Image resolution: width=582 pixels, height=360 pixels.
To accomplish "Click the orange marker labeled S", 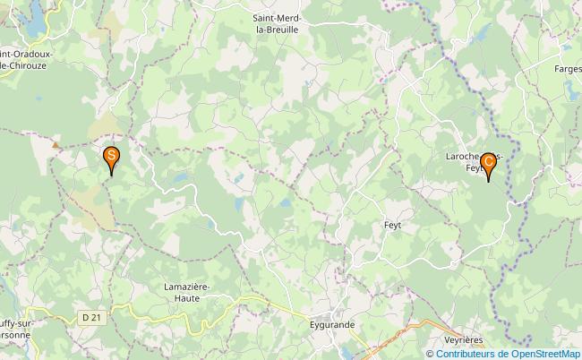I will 111,159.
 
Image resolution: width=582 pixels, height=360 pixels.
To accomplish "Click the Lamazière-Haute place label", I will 187,292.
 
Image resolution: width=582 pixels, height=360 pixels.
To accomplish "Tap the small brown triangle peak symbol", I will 56,143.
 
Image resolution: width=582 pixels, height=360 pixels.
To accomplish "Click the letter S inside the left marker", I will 111,155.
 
